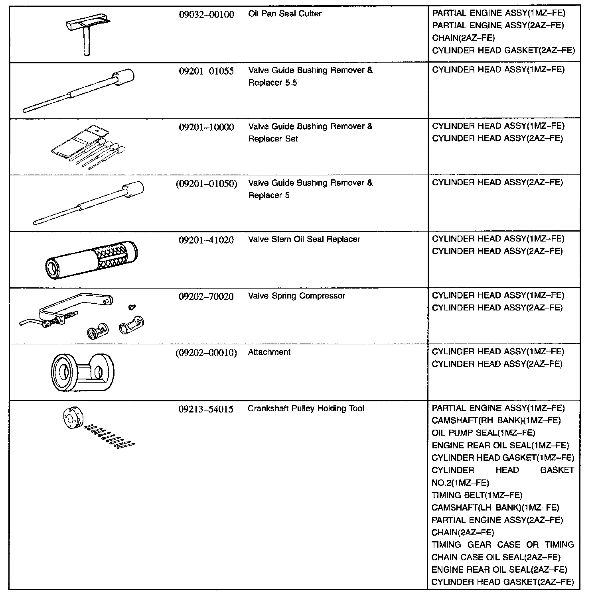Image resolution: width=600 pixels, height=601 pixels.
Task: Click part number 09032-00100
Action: pos(206,15)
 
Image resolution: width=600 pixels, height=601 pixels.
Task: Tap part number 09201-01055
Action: pos(206,71)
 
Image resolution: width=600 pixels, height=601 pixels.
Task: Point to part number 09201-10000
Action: pos(206,128)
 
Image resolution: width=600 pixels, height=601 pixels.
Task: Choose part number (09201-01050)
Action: pos(206,184)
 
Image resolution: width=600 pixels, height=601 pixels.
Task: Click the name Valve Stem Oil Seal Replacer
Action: pos(304,240)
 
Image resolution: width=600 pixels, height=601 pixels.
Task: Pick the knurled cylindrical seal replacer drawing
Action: pos(91,259)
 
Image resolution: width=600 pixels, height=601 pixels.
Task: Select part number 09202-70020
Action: pos(206,297)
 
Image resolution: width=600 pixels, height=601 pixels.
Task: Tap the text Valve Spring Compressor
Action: pos(296,296)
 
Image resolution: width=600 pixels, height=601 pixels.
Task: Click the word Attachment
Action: pos(269,352)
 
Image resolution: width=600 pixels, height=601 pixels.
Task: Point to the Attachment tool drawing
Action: pos(83,372)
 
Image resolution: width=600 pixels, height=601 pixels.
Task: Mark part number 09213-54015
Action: pos(206,409)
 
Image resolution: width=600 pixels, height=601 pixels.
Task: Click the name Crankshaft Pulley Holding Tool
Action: pos(306,409)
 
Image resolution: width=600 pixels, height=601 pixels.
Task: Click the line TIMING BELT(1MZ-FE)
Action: pos(477,495)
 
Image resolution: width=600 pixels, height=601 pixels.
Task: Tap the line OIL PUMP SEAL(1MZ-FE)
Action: pos(483,433)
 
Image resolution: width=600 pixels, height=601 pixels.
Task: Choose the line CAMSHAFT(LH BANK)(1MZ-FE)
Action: pos(495,508)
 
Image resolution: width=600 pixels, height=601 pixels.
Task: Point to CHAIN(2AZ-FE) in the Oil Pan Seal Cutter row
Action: pos(463,38)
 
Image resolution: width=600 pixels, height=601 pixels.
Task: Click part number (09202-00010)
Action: pos(206,353)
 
